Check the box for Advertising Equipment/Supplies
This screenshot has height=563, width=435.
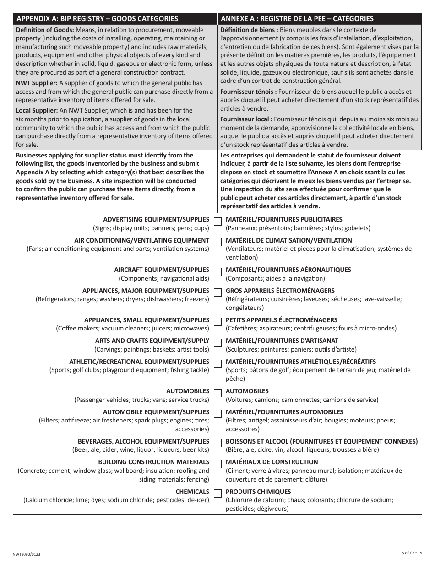click(217, 221)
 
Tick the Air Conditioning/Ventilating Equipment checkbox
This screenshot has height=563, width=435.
click(217, 242)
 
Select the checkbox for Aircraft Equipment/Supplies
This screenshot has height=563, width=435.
click(217, 271)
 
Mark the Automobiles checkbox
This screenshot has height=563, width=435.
click(217, 393)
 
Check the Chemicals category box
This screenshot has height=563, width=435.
click(217, 493)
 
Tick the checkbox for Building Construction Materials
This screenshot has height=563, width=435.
click(217, 464)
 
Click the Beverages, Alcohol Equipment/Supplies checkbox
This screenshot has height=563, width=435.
click(217, 443)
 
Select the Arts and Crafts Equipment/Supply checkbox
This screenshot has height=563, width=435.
click(217, 342)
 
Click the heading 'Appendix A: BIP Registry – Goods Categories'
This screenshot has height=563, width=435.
click(97, 19)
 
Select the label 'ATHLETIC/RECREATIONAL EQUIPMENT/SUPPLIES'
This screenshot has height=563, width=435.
click(139, 362)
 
